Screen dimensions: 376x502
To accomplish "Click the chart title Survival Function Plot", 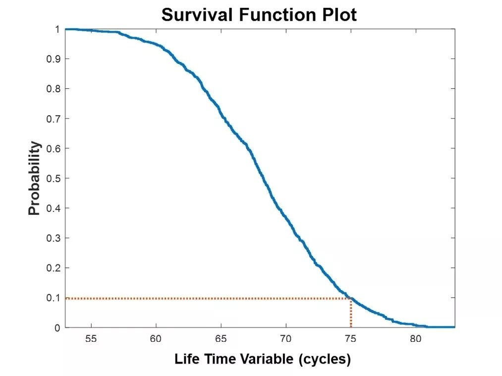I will pyautogui.click(x=259, y=15).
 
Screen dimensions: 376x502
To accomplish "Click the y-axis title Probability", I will pyautogui.click(x=34, y=179).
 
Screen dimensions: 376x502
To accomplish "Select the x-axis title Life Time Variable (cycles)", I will pyautogui.click(x=262, y=359).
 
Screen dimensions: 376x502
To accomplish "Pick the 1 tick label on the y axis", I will pyautogui.click(x=57, y=29).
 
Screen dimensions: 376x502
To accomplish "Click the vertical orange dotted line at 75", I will pyautogui.click(x=351, y=313).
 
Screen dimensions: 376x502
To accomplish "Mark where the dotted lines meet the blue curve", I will pyautogui.click(x=350, y=298).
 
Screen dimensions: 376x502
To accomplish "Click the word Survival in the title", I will pyautogui.click(x=191, y=15).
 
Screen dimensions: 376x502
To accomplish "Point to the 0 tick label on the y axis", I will pyautogui.click(x=57, y=328).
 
